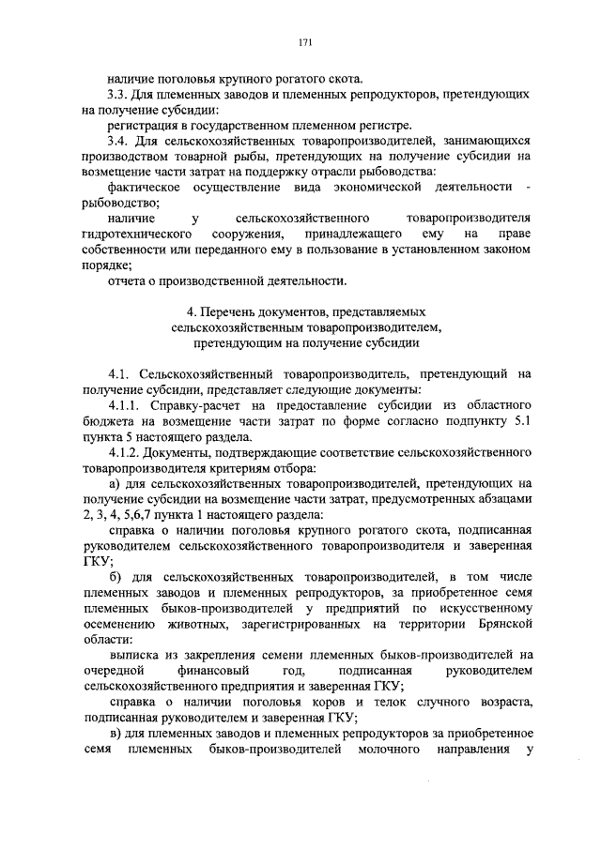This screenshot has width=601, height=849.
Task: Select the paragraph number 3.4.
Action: (x=119, y=141)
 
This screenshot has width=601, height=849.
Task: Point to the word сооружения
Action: (x=246, y=232)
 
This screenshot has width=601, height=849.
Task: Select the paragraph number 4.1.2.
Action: (x=126, y=451)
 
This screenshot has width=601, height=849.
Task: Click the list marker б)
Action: (x=116, y=575)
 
